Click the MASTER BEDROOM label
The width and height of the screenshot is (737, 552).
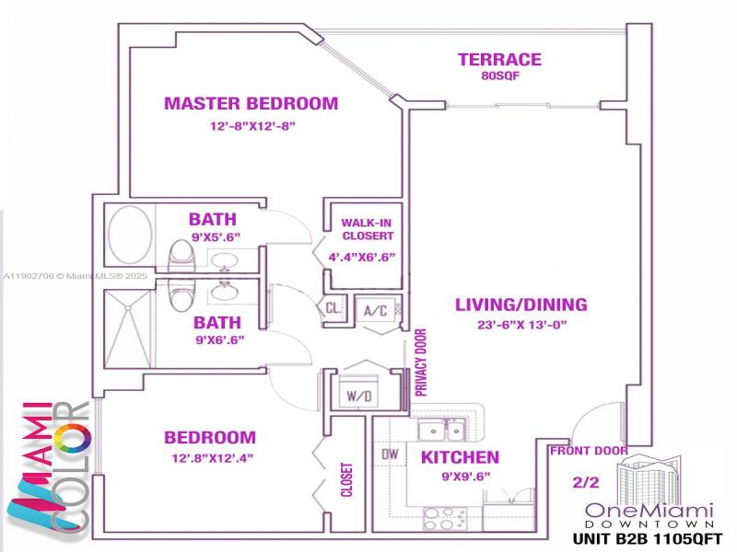(x=251, y=103)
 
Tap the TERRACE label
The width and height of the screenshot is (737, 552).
(x=499, y=61)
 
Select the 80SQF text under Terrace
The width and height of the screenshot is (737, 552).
(x=500, y=77)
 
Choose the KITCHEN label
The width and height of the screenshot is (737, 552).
(x=460, y=457)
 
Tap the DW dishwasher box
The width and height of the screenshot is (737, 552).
(x=389, y=454)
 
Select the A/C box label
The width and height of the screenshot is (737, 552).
(x=374, y=310)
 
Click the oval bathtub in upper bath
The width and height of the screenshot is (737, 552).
(x=130, y=235)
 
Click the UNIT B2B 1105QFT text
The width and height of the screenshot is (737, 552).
(x=649, y=538)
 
